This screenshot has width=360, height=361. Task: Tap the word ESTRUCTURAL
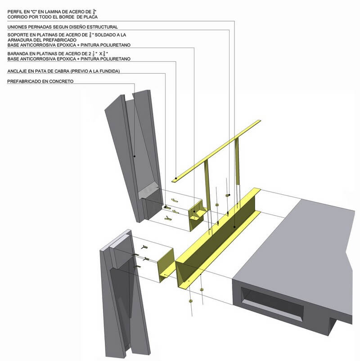pyautogui.click(x=101, y=27)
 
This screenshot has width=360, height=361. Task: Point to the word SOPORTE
pyautogui.click(x=18, y=35)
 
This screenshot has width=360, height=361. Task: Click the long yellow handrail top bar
pyautogui.click(x=216, y=151)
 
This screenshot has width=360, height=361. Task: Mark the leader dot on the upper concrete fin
pyautogui.click(x=134, y=156)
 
